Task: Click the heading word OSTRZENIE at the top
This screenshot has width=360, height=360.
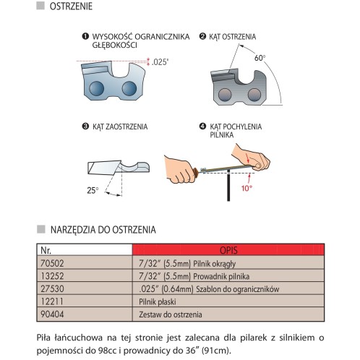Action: (x=71, y=7)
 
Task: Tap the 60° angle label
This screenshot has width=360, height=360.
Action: (x=260, y=58)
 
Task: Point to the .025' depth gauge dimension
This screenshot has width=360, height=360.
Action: (x=160, y=62)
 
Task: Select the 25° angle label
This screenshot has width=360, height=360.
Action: (x=93, y=190)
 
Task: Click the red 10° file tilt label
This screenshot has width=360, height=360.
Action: (x=247, y=188)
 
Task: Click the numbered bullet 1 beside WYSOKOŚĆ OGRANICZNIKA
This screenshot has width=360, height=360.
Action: (x=85, y=36)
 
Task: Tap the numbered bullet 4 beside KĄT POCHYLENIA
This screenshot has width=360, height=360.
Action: (x=202, y=126)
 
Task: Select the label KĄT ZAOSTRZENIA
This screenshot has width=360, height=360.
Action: (x=120, y=127)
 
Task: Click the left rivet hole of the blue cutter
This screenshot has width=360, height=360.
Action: (x=96, y=88)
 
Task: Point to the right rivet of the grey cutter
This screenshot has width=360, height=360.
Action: (x=254, y=95)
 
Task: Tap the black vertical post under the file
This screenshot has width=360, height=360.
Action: (x=228, y=185)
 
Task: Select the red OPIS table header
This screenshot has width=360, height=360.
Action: (x=228, y=250)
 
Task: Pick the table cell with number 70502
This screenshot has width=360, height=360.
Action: (x=85, y=263)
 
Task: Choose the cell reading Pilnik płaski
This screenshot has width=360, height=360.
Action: (x=228, y=301)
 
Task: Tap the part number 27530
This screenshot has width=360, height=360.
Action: (x=52, y=288)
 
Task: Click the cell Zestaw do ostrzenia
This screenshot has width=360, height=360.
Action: (x=228, y=314)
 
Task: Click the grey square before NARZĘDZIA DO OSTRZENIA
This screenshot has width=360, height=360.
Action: (x=41, y=229)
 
